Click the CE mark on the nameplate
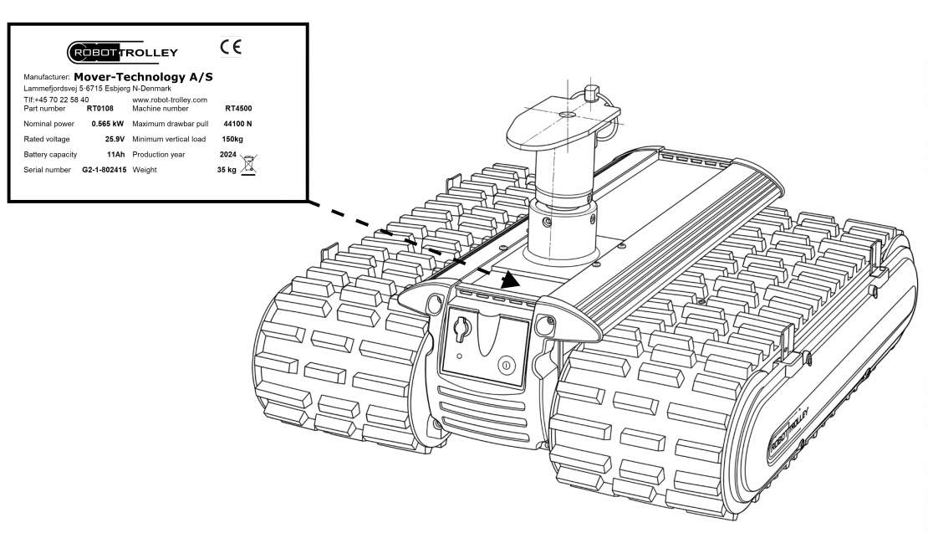231,47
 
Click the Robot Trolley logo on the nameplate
123,52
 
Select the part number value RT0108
100,109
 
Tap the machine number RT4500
238,109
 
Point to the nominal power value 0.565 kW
108,124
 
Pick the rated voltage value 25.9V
115,139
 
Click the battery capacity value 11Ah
116,155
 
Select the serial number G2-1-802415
105,170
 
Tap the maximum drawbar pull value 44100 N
237,124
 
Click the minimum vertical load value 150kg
232,139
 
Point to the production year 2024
228,155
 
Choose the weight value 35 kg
227,170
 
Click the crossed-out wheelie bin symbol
248,165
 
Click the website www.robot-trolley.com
170,100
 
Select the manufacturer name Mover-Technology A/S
143,77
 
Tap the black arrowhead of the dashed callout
510,279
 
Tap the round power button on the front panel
506,365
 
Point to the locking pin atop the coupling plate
592,94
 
